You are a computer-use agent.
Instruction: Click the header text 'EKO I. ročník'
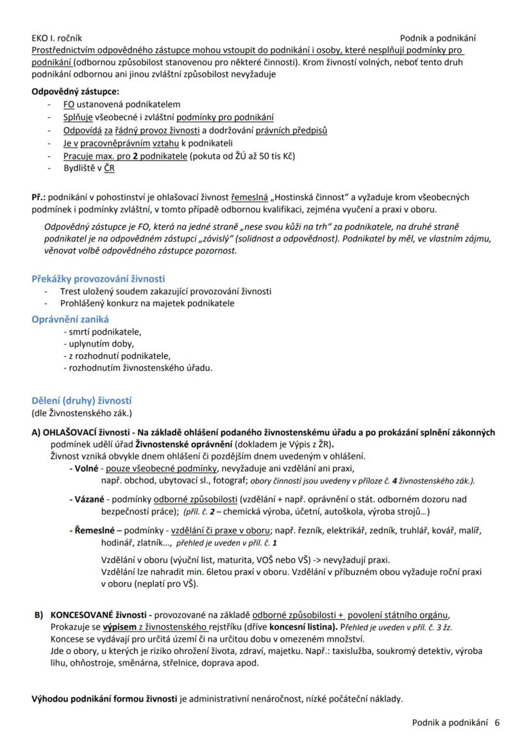click(56, 39)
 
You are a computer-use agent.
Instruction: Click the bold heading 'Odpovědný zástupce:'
click(75, 91)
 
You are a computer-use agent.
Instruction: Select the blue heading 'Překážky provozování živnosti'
click(98, 279)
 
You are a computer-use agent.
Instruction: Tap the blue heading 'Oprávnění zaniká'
click(71, 318)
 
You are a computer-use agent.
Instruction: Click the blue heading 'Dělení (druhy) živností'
click(81, 400)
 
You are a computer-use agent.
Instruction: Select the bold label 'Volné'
click(85, 469)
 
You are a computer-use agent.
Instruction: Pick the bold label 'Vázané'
click(88, 499)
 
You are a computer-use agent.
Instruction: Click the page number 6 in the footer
click(497, 722)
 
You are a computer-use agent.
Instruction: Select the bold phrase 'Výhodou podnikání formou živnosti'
click(105, 699)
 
